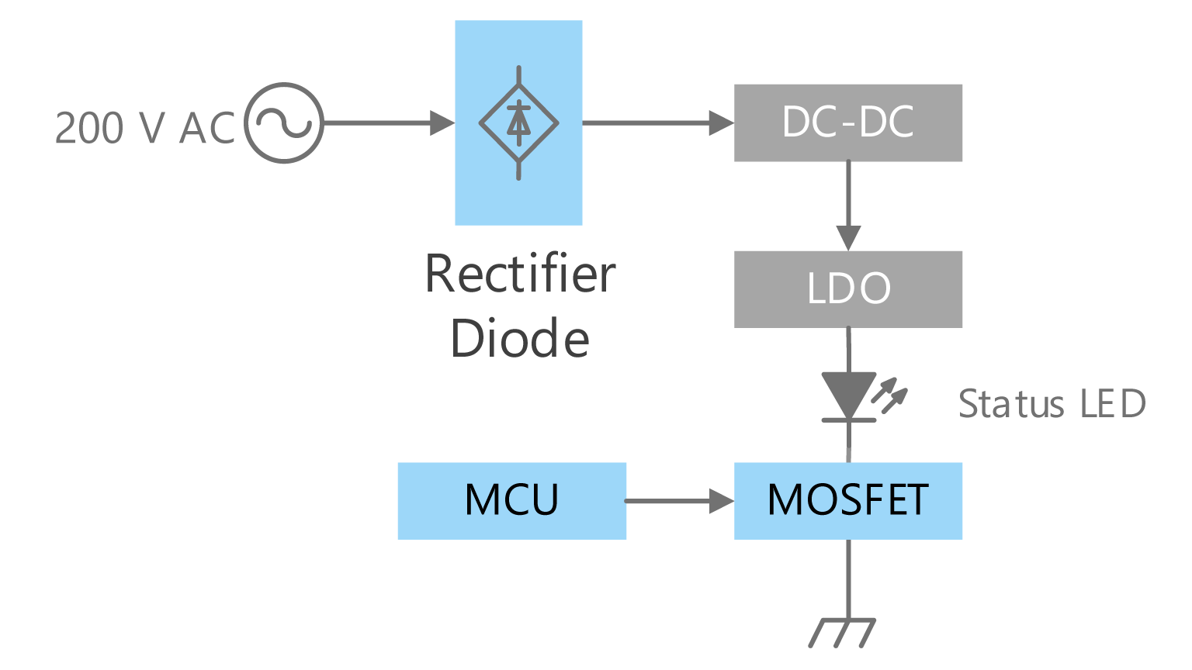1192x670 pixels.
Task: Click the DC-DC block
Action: tap(848, 123)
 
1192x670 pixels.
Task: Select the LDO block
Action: tap(848, 288)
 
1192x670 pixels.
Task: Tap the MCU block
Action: tap(511, 500)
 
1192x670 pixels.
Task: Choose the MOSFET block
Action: tap(848, 500)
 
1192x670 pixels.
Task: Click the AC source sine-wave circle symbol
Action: tap(284, 123)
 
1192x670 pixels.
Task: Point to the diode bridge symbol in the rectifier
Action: tap(518, 123)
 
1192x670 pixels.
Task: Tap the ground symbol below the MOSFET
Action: tap(843, 632)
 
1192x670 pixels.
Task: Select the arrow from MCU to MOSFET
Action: tap(679, 501)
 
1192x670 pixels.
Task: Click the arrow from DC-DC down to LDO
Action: tap(848, 205)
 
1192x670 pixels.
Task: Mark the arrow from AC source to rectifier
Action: tap(388, 123)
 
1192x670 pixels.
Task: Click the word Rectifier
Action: tap(520, 274)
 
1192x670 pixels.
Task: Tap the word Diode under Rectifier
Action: tap(520, 339)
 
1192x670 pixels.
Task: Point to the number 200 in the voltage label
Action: tap(89, 128)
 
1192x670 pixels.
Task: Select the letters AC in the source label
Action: tap(206, 128)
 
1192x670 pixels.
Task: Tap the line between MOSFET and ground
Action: tap(848, 578)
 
